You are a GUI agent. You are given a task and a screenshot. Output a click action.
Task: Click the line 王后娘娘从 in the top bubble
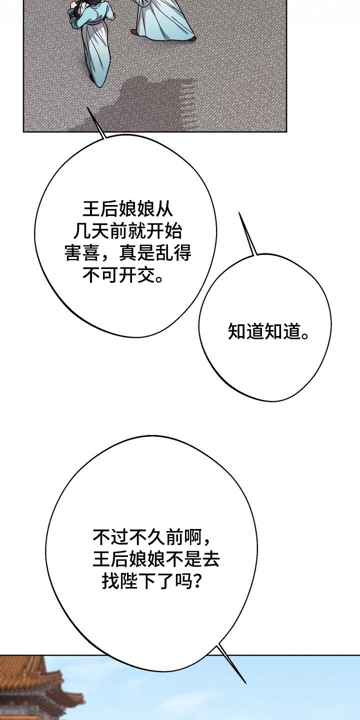coord(128,209)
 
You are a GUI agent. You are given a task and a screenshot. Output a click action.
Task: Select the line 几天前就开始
coord(128,231)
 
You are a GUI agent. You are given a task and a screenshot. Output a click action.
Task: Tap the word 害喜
coord(82,253)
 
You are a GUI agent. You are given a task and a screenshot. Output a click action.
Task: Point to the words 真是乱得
coord(155,253)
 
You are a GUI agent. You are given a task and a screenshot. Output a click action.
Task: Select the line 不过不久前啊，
coord(152,536)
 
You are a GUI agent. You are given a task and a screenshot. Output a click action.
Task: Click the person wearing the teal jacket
coord(92,38)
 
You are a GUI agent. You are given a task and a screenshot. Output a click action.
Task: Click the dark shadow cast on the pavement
coord(141,103)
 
